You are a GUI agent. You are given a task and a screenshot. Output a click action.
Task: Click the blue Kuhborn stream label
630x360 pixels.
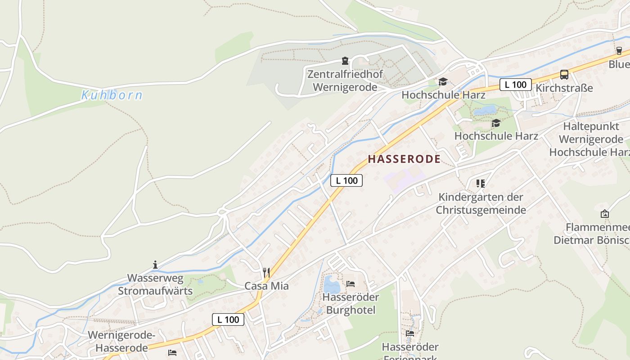[112, 95]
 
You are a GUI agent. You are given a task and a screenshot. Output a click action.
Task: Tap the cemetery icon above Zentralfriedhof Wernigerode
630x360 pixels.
[345, 61]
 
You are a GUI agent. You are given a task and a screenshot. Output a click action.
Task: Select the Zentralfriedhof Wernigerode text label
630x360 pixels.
[345, 81]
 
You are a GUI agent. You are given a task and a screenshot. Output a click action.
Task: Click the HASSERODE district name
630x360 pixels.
[404, 159]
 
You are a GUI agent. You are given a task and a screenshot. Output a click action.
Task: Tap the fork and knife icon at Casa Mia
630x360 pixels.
[266, 273]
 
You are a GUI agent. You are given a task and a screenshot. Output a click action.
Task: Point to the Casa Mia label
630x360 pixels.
[266, 286]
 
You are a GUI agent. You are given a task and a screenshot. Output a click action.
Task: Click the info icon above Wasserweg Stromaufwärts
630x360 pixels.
[155, 265]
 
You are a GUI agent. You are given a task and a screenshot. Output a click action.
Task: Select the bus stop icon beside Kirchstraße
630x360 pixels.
[564, 75]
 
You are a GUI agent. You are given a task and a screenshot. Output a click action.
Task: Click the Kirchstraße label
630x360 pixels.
[564, 88]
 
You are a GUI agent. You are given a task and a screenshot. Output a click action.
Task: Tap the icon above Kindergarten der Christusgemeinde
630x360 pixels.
[481, 184]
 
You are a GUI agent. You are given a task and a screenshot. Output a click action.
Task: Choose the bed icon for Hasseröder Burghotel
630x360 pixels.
[351, 284]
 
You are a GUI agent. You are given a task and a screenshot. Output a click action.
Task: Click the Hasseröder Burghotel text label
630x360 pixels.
[351, 304]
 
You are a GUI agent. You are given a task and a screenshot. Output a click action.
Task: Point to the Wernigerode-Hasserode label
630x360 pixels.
[121, 342]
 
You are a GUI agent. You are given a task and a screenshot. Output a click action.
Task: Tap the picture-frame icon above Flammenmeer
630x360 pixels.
[605, 214]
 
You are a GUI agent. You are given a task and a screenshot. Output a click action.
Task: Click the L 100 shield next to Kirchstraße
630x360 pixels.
[515, 85]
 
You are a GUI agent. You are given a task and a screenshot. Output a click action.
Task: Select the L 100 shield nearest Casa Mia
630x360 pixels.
[228, 319]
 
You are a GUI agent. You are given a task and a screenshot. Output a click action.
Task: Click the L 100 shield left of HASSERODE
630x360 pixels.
[346, 180]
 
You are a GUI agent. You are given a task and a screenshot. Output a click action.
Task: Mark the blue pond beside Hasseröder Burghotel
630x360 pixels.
[332, 284]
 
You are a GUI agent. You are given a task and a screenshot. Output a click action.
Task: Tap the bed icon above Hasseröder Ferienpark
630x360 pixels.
[410, 333]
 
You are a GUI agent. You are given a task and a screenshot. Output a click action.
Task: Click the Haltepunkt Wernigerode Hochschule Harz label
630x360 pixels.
[589, 139]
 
